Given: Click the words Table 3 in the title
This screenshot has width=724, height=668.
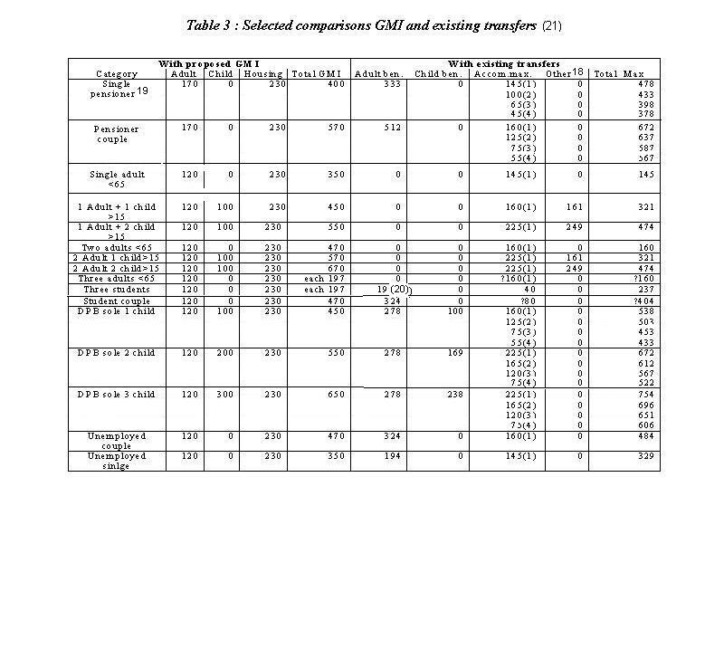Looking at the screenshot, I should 210,25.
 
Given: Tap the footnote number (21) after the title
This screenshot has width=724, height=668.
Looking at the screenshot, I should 552,25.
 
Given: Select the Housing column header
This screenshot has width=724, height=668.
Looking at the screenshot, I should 263,73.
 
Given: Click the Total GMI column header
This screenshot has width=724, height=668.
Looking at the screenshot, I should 318,73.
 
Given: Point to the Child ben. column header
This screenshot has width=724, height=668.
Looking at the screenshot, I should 439,73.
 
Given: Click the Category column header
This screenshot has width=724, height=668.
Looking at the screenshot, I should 117,73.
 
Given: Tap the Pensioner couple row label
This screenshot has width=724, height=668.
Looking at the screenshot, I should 117,134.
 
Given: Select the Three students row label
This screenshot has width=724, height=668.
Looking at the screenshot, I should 117,290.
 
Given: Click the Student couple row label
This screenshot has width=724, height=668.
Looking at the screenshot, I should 117,301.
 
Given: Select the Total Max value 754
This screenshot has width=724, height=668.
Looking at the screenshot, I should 643,395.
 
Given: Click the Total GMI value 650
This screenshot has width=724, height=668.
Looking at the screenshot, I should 336,395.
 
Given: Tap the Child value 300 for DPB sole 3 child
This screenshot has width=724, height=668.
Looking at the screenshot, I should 223,395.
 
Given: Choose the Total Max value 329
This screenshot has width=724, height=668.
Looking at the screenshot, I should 643,456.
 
